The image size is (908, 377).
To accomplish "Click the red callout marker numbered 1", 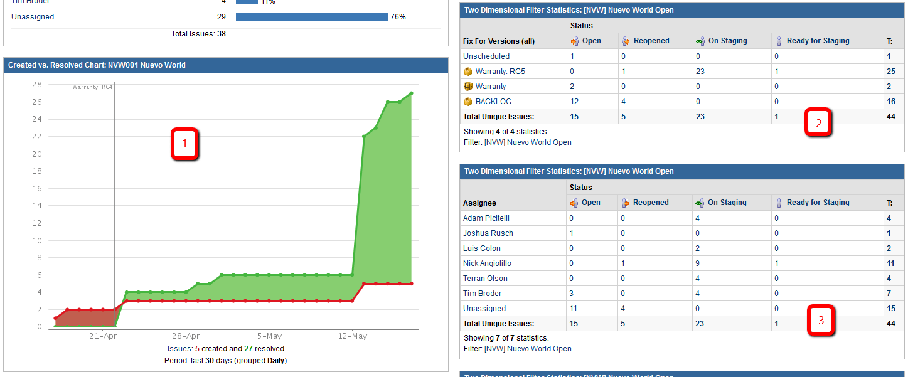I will click(x=184, y=144).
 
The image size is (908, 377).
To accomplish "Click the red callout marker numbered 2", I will click(x=818, y=123).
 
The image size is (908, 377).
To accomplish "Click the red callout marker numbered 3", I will click(x=821, y=321).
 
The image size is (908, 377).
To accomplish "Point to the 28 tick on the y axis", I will click(x=36, y=85).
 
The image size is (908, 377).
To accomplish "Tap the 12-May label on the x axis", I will click(x=352, y=336).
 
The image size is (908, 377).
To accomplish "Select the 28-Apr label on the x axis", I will click(x=186, y=336).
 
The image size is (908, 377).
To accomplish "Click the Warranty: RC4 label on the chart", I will click(x=92, y=87).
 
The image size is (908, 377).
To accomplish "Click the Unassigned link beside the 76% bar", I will click(x=33, y=17).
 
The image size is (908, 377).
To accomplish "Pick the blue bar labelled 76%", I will click(x=311, y=17).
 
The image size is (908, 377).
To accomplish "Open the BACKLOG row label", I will click(x=493, y=102).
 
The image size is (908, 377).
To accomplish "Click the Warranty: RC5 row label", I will click(x=500, y=72).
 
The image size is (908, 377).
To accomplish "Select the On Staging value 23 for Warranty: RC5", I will click(x=700, y=72).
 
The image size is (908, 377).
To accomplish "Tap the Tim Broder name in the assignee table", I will click(x=482, y=294).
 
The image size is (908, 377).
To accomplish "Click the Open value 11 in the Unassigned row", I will click(x=573, y=309).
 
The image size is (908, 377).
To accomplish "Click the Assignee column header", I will click(x=479, y=203).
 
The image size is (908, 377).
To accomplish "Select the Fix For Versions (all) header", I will click(x=499, y=41).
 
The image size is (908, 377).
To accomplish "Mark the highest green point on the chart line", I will click(x=411, y=93).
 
